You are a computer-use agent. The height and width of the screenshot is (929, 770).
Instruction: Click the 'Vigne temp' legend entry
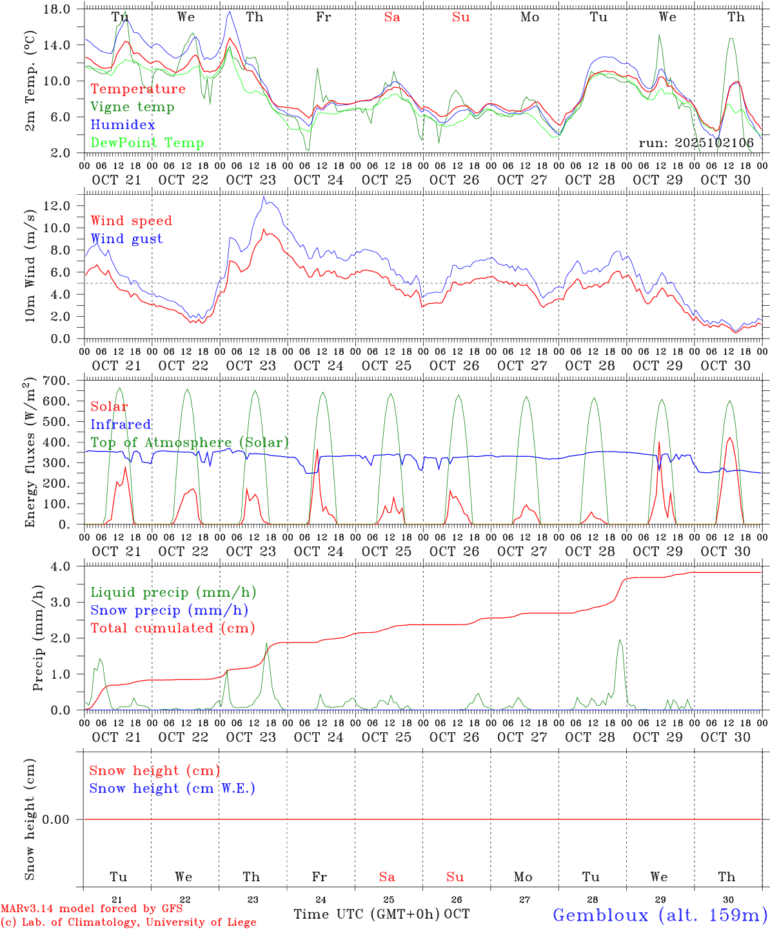click(132, 107)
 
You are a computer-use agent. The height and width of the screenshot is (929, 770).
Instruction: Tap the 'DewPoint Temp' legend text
click(147, 143)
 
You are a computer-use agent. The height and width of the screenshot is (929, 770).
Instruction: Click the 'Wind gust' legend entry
click(126, 239)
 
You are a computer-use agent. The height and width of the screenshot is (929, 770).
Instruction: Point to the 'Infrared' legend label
click(121, 425)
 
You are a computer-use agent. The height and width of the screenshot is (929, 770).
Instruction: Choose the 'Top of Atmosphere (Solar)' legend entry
click(190, 443)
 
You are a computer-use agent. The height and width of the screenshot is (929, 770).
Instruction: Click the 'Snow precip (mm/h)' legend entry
click(169, 610)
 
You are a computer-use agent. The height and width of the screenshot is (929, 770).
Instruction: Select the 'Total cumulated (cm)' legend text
click(172, 628)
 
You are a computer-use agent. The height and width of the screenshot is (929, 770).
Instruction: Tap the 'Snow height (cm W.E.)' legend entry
click(172, 788)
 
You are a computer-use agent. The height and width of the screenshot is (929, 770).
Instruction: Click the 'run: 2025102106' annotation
click(696, 143)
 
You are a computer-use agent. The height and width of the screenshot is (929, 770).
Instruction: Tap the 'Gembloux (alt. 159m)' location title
click(660, 915)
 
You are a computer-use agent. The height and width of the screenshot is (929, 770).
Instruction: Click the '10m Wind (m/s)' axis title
click(30, 265)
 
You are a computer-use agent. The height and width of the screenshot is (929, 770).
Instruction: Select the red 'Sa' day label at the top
click(391, 17)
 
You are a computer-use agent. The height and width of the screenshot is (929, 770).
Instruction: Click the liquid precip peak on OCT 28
click(620, 640)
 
